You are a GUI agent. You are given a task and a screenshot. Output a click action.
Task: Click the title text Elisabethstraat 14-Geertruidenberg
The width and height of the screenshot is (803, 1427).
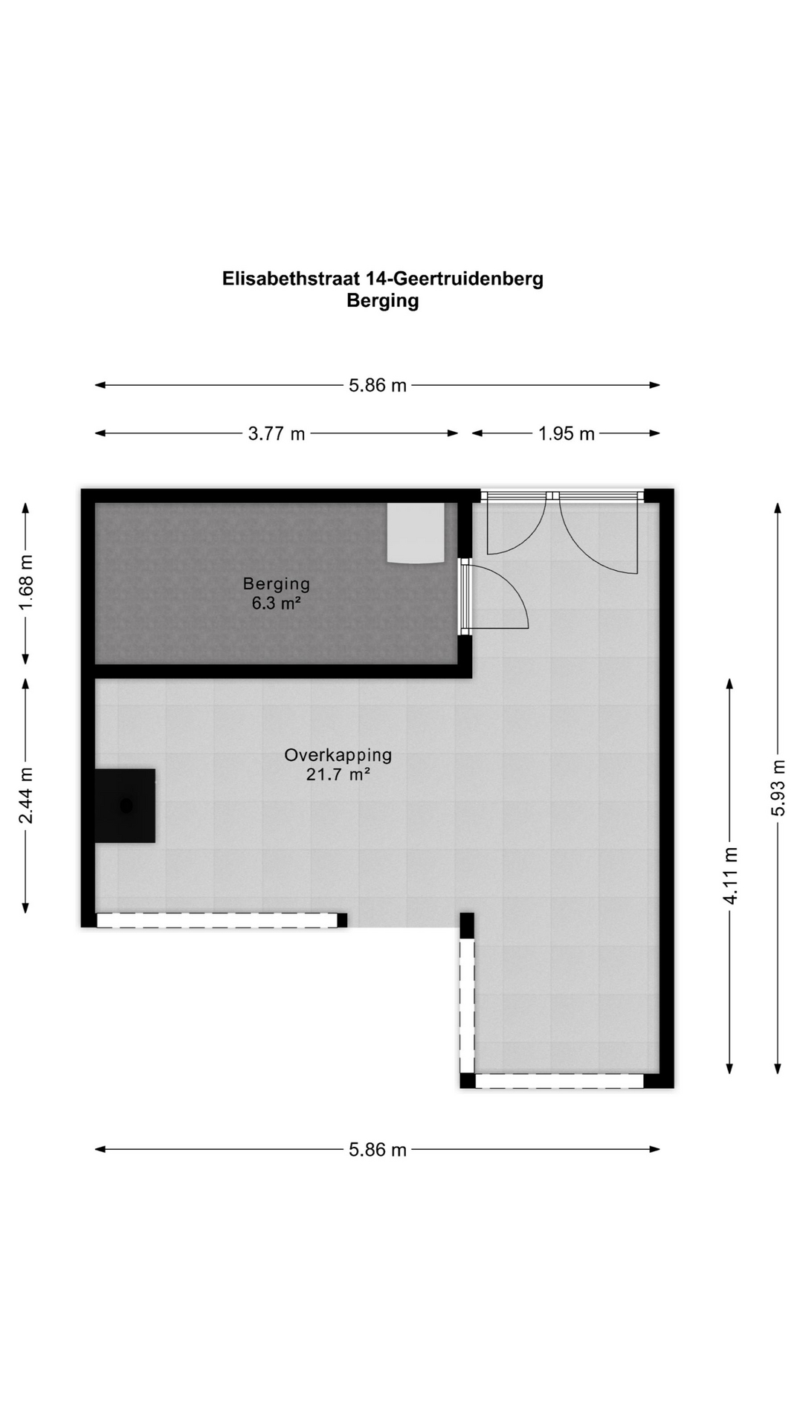(382, 279)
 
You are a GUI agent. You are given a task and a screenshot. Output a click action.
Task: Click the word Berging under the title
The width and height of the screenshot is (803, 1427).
(382, 301)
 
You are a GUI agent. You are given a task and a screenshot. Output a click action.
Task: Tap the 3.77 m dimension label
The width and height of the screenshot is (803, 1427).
(277, 434)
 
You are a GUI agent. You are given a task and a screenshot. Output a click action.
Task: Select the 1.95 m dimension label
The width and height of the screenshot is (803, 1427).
(567, 434)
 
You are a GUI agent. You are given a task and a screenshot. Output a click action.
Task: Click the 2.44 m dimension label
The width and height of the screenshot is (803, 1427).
(26, 796)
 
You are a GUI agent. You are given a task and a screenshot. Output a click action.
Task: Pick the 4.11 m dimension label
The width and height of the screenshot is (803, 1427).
(731, 876)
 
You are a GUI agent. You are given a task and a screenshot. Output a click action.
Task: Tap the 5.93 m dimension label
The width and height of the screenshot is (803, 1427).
(778, 788)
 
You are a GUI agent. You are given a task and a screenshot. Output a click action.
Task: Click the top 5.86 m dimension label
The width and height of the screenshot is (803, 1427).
(378, 386)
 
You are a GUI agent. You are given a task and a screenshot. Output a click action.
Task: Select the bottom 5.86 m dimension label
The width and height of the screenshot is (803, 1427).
(378, 1150)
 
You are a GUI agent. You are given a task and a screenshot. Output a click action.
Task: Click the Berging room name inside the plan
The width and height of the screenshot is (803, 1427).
(277, 584)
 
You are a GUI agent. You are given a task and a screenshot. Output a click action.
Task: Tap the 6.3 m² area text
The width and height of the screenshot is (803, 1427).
(276, 604)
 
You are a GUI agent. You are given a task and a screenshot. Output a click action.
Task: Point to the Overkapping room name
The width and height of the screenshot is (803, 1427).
(338, 756)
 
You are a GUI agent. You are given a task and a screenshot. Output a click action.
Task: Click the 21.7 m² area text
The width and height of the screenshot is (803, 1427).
(338, 774)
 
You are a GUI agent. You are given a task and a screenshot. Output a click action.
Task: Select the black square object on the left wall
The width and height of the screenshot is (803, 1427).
(125, 806)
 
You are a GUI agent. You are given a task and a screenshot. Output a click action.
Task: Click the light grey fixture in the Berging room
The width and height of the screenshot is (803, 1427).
(416, 533)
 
